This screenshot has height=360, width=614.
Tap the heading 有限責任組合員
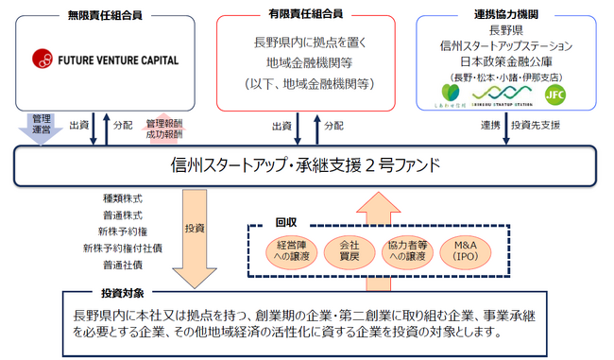click(x=305, y=14)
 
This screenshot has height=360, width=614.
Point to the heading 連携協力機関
click(x=506, y=14)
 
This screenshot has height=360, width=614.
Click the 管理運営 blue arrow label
click(x=41, y=126)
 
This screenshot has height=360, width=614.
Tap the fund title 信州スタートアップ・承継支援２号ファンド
click(x=307, y=166)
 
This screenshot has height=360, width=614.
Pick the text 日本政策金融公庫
click(x=506, y=61)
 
